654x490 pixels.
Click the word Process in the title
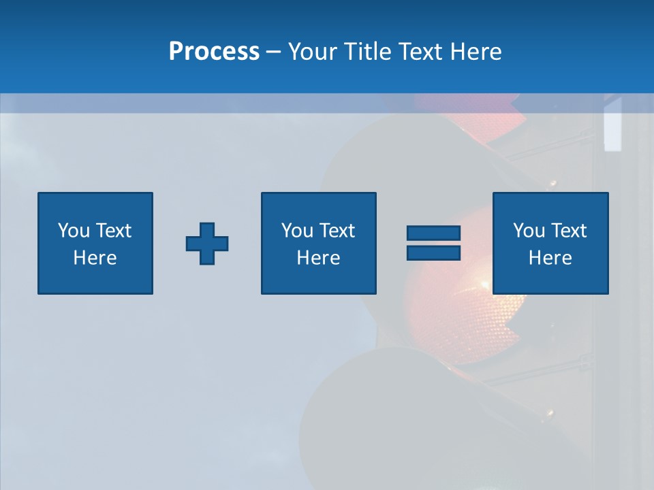(x=214, y=52)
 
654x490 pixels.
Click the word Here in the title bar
(x=476, y=52)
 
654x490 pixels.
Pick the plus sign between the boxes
(x=207, y=244)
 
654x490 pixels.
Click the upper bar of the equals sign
(x=434, y=233)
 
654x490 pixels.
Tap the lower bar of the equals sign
(x=434, y=253)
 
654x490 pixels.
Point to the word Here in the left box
(x=95, y=258)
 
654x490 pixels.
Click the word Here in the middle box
(x=318, y=258)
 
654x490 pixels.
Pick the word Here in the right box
(x=550, y=258)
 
